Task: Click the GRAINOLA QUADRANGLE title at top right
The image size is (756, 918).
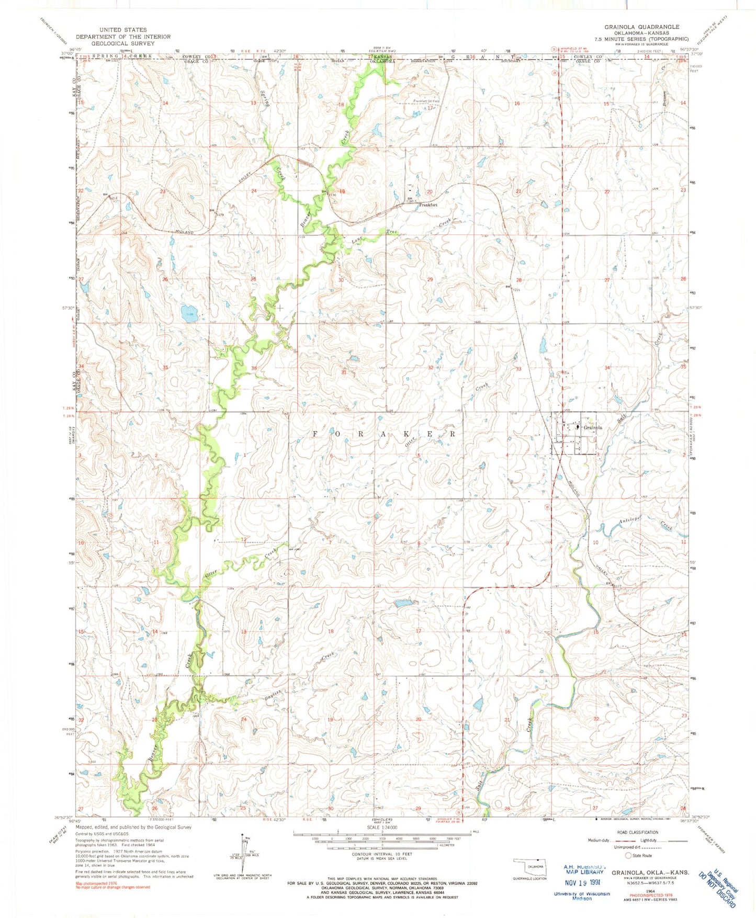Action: click(x=642, y=27)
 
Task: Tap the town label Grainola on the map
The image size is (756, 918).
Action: click(x=593, y=427)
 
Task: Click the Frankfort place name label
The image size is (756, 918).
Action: click(x=427, y=205)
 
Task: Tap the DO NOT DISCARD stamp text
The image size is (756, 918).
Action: click(x=721, y=890)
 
